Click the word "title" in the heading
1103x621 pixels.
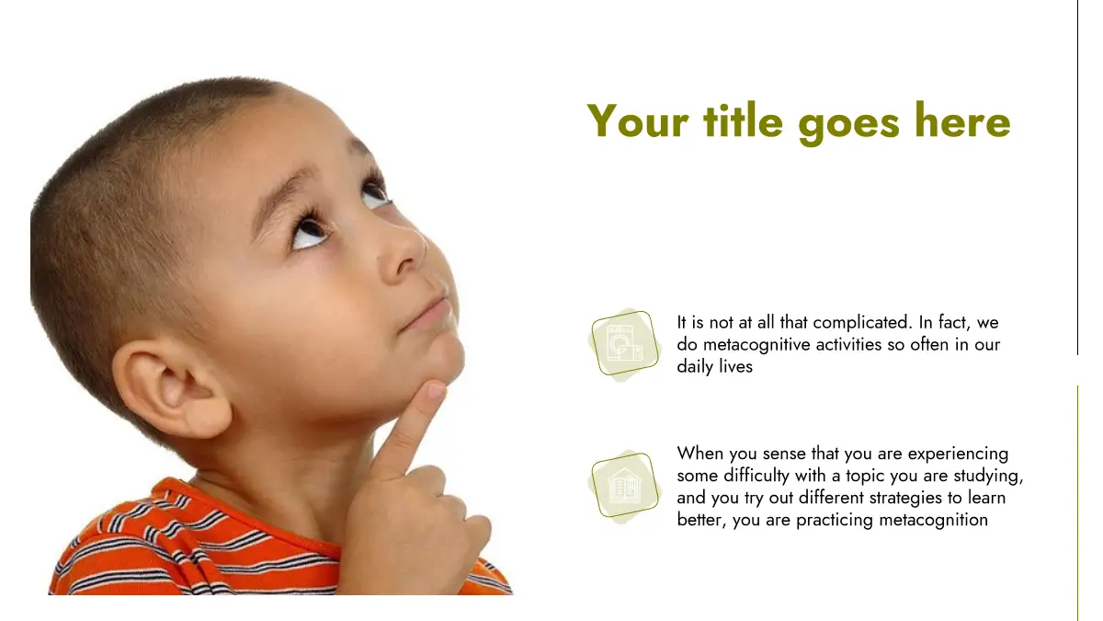[x=743, y=121]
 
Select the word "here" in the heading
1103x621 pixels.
[x=962, y=121]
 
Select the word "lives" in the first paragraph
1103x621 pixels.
[x=736, y=367]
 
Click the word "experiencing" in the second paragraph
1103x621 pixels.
[x=958, y=454]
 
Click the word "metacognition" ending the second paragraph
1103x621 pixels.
[x=934, y=520]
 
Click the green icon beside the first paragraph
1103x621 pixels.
[x=624, y=344]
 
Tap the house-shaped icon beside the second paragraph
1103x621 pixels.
[x=624, y=487]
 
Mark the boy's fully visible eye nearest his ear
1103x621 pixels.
[x=309, y=231]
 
